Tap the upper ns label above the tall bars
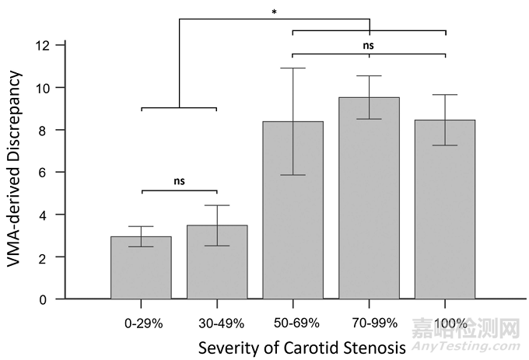coord(369,45)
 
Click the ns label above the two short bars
coord(179,181)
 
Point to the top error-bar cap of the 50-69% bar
coord(293,68)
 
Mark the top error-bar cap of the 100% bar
coord(445,95)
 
